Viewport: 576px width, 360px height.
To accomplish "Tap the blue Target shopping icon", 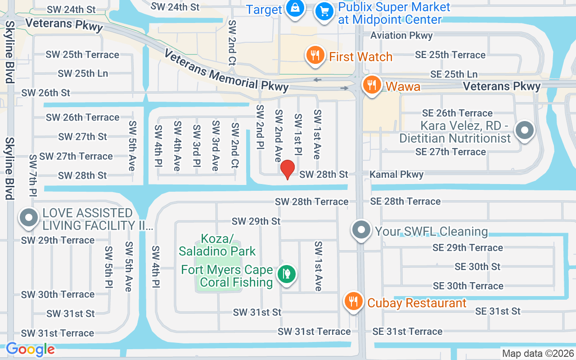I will [x=294, y=9].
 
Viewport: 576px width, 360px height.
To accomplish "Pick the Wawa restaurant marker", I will [x=372, y=85].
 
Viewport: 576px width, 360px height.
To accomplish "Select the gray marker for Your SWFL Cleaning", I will [x=361, y=230].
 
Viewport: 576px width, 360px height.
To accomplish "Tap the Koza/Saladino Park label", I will [x=217, y=244].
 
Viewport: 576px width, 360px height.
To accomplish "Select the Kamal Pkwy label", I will [x=396, y=174].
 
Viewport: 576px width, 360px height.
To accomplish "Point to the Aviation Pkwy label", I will [x=401, y=36].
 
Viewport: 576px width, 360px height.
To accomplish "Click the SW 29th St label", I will [x=256, y=221].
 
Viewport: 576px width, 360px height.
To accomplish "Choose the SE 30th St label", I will [x=477, y=266].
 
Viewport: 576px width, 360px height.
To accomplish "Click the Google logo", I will [x=31, y=349].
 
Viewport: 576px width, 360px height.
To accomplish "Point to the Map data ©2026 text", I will [x=538, y=354].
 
